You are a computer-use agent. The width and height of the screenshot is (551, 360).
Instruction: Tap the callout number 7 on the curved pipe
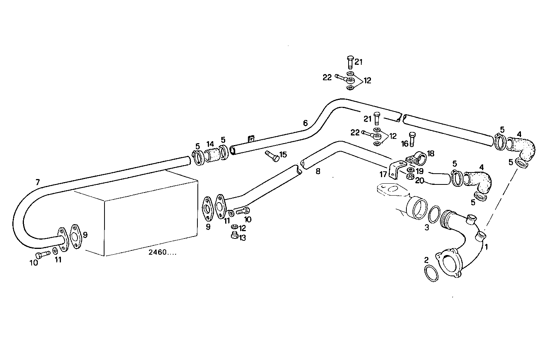click(x=37, y=183)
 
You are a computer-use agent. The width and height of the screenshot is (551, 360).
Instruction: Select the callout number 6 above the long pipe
click(x=305, y=123)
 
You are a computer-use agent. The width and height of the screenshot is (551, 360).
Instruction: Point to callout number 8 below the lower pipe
click(x=318, y=171)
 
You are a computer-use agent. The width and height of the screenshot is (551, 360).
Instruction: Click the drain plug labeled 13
click(x=234, y=236)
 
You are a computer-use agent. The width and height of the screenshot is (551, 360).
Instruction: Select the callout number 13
click(x=242, y=238)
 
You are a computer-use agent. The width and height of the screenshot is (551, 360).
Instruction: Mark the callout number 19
click(x=420, y=171)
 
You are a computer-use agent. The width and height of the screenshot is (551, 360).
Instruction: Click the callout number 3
click(x=426, y=228)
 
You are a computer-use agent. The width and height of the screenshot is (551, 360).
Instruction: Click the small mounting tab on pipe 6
click(x=251, y=138)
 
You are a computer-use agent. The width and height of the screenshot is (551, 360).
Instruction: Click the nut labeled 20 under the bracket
click(x=411, y=177)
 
